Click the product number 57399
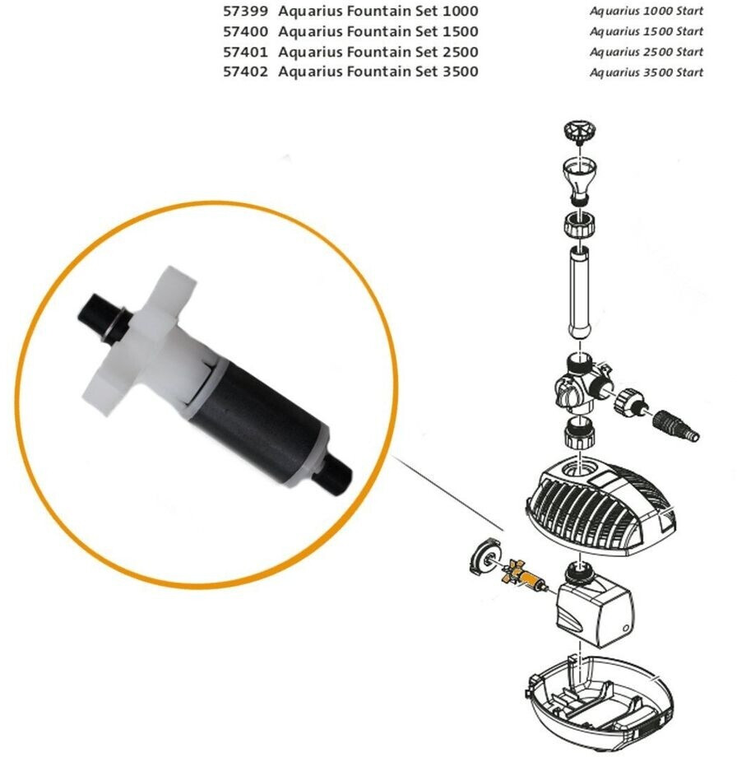245,11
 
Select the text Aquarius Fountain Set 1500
378,32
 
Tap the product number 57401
245,52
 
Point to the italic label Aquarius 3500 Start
647,72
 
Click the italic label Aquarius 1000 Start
647,11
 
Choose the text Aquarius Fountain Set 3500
378,72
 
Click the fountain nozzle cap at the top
580,132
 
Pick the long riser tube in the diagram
579,292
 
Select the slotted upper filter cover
601,504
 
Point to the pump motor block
595,606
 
